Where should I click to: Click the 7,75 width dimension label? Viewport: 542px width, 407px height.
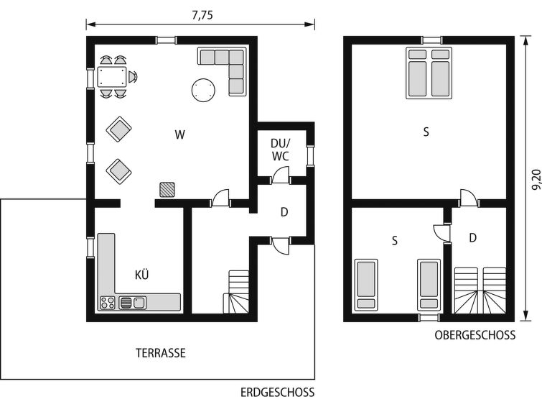(202, 16)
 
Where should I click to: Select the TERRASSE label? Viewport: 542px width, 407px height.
(161, 353)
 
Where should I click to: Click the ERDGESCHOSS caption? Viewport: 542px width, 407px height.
(278, 393)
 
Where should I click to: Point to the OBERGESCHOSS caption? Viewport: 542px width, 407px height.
(475, 335)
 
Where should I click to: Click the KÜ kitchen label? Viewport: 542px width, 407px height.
(141, 275)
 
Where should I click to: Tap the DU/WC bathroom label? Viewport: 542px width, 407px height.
(281, 150)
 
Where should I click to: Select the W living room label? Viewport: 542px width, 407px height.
(179, 134)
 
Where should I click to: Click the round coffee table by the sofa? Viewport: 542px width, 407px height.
(203, 90)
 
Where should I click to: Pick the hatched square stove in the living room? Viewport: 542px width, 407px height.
(167, 190)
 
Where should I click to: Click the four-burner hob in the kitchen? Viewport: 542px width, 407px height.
(108, 303)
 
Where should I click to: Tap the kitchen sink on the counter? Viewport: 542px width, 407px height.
(132, 303)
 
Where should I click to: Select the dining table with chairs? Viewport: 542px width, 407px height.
(112, 77)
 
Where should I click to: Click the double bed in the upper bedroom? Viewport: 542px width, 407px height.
(429, 73)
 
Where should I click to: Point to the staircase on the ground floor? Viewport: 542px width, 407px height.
(237, 292)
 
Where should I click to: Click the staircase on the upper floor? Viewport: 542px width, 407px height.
(480, 291)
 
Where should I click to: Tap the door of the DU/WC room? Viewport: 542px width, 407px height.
(281, 175)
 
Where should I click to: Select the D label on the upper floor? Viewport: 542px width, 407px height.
(473, 238)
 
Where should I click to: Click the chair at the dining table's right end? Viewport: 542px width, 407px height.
(133, 77)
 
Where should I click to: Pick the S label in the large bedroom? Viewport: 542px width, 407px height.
(426, 132)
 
